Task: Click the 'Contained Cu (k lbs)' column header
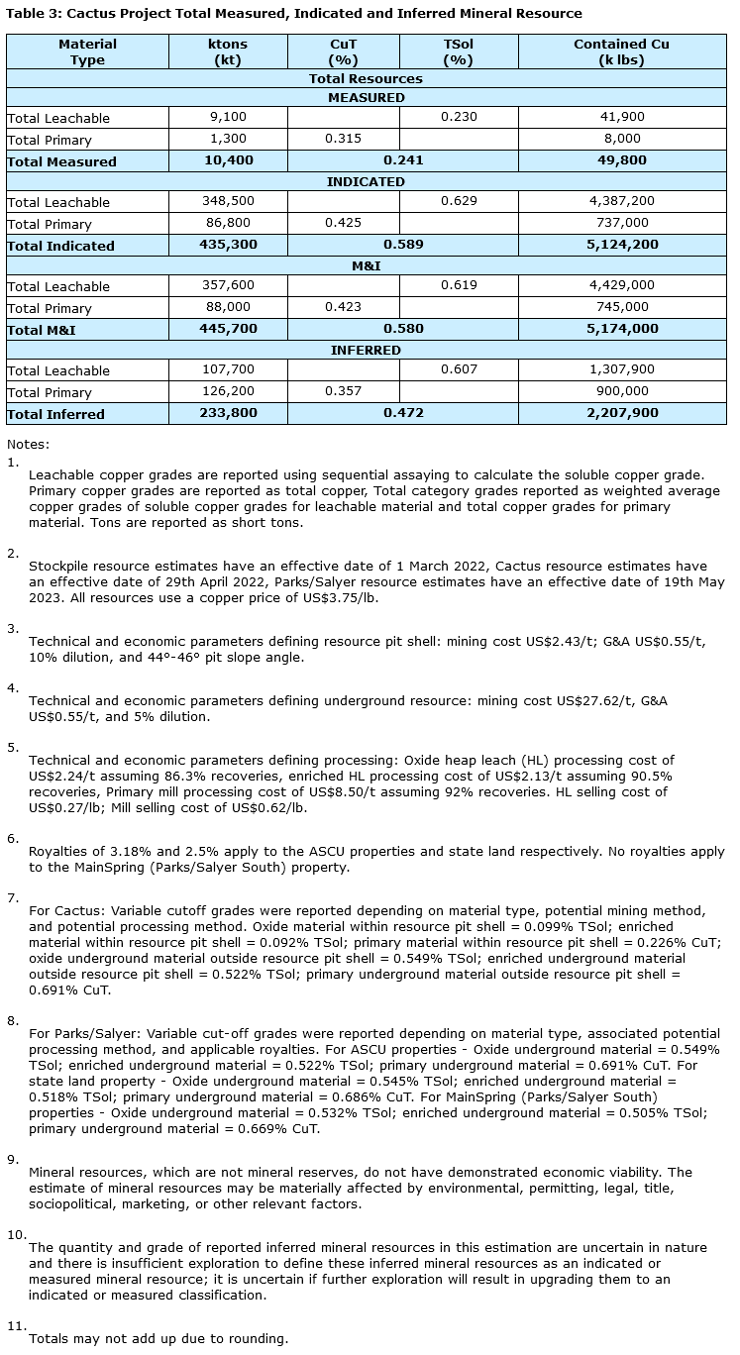tap(621, 52)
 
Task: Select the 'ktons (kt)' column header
tap(228, 52)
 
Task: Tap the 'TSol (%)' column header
tap(459, 52)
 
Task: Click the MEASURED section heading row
tap(366, 98)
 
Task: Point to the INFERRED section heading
tap(366, 351)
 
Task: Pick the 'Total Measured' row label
tap(61, 161)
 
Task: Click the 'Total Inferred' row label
tap(55, 414)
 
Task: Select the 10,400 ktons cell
tap(228, 160)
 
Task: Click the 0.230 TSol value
tap(459, 117)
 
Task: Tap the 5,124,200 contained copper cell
tap(621, 245)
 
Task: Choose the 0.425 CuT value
tap(343, 223)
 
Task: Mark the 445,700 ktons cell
tap(228, 329)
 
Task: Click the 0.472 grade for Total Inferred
tap(403, 413)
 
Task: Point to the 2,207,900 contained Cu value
tap(621, 413)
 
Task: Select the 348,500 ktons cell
tap(228, 201)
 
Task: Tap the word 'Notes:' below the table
tap(28, 445)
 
